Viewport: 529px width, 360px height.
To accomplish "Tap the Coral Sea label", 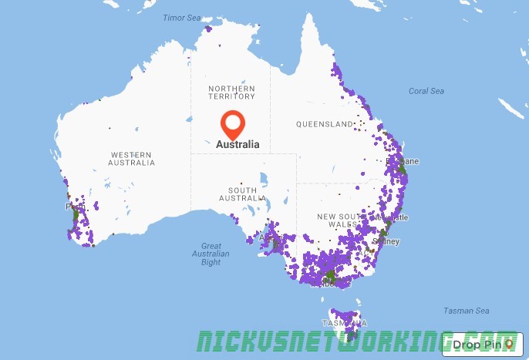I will click(x=426, y=91).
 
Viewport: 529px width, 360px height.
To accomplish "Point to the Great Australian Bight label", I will click(x=211, y=254).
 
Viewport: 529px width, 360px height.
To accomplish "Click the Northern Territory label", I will click(x=231, y=93).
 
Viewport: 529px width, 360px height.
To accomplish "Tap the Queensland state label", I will click(x=325, y=124).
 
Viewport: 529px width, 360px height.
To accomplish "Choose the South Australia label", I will click(x=242, y=194).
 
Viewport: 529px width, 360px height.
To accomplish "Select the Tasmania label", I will click(x=340, y=322).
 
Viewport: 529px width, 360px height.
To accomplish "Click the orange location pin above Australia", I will click(x=232, y=124).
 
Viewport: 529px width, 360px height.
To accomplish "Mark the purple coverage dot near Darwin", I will click(x=208, y=30).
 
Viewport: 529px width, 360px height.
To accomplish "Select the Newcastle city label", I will click(x=398, y=218).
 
